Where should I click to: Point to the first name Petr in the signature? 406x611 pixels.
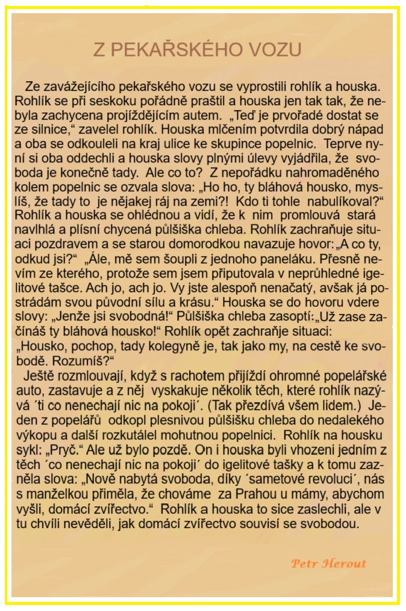304,563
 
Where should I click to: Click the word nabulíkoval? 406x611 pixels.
337,200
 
